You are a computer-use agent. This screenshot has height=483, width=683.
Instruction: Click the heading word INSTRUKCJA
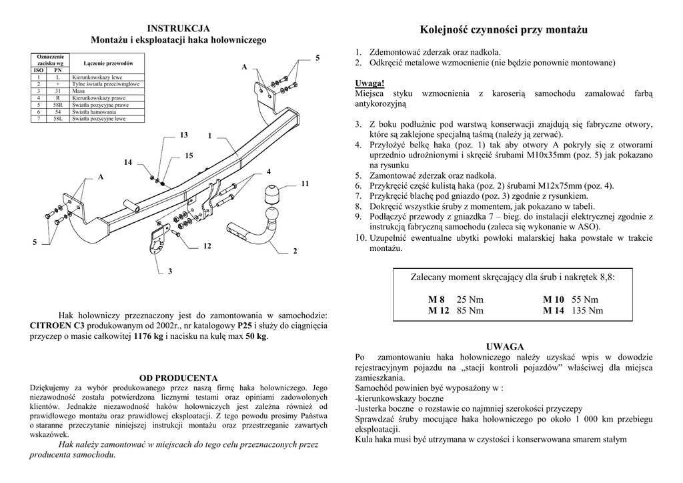pos(178,28)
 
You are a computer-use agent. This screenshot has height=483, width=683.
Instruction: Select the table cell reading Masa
pos(79,90)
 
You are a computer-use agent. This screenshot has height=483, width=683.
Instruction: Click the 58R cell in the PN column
pos(58,105)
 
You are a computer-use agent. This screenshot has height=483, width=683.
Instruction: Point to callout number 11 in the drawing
pos(305,183)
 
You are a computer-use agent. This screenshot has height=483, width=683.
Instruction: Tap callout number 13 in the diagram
pos(183,135)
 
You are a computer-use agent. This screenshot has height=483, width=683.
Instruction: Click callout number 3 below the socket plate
pos(170,271)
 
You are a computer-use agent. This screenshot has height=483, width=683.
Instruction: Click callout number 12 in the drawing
pos(207,246)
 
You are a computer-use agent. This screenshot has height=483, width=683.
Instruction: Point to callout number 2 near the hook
pos(294,251)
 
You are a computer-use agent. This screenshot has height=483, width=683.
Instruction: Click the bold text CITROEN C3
pos(57,326)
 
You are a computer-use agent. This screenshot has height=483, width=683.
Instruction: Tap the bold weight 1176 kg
pos(148,337)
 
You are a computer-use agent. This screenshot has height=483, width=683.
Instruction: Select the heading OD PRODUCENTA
pos(178,378)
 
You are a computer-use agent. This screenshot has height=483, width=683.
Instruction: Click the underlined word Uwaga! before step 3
pos(370,83)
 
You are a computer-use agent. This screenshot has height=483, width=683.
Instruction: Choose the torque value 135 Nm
pos(587,310)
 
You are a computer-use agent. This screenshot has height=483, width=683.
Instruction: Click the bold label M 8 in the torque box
pos(437,300)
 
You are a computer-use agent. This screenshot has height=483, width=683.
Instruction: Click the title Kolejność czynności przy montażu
pos(504,30)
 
